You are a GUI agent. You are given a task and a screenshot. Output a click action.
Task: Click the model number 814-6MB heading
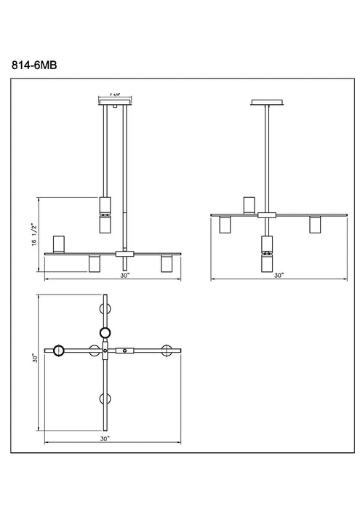(x=35, y=65)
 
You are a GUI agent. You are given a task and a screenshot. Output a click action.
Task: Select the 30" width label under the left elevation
(x=125, y=276)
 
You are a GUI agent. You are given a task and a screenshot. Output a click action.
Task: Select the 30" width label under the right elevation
(x=279, y=276)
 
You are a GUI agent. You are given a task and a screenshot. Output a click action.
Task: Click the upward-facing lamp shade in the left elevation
(x=60, y=243)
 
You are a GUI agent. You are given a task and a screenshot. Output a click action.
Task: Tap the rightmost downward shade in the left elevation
(x=166, y=263)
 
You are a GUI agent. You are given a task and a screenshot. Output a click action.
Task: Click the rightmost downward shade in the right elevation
(x=315, y=225)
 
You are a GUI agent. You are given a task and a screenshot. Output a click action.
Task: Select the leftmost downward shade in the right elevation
(x=225, y=225)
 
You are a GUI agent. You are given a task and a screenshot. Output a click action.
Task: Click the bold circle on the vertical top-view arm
(x=105, y=332)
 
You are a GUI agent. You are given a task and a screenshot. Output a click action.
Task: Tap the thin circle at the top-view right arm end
(x=169, y=350)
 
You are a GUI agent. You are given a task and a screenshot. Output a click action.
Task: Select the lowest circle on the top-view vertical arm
(x=105, y=398)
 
